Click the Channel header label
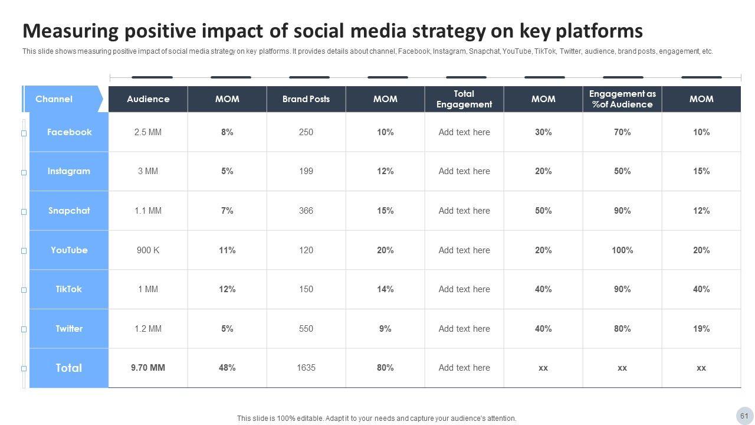pos(54,99)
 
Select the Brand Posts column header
pos(306,99)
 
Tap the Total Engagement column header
pos(464,99)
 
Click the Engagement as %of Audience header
pos(622,99)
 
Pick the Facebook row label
pos(69,132)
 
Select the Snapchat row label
pos(69,211)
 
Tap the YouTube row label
pos(69,250)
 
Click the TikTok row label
pos(69,289)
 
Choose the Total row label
pos(69,368)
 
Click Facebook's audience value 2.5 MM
pos(148,132)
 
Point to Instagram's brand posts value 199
pos(306,171)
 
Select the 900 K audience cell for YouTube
pos(148,250)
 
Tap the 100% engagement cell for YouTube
pos(622,250)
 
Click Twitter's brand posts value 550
pos(306,329)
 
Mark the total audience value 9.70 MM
pos(148,368)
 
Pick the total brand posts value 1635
pos(306,368)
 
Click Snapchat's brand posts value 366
pos(306,211)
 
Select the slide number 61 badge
pos(744,416)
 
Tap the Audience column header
pos(148,99)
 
